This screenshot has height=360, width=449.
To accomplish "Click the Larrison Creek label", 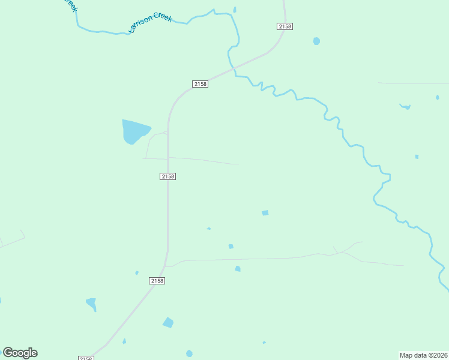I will point(151,22).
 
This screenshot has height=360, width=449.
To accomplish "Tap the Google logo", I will point(20,353).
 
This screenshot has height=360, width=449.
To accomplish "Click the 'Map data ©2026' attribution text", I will point(423,355).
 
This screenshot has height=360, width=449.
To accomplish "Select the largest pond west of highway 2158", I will point(135,131).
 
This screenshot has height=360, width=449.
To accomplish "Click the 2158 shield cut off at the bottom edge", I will point(86,358).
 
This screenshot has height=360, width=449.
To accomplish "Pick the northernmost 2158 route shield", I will point(285,26).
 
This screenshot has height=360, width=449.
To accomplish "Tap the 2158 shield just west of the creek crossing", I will point(200,84).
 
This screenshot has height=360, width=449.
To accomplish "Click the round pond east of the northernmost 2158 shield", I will point(316,41).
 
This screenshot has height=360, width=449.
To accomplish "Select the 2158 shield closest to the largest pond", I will point(168,176).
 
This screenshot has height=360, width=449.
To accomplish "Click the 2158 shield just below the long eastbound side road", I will point(157,281).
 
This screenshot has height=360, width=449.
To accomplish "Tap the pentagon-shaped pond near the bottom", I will point(168,323).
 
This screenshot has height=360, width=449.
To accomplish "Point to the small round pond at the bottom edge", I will point(190,353).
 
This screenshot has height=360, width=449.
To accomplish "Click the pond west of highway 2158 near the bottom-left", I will point(91,303).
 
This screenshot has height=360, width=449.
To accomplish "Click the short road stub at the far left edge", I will point(12,241).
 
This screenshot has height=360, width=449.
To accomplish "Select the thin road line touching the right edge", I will point(414,83).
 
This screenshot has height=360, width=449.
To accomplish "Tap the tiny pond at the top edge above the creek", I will point(235,10).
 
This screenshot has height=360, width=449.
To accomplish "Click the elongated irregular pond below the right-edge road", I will point(406,107).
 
